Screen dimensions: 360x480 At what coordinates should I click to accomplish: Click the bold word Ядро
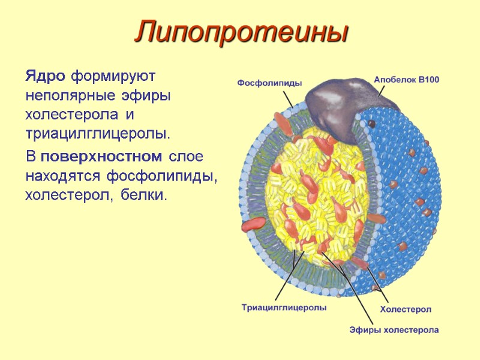pos(46,77)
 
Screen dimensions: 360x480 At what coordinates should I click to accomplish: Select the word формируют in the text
pos(113,77)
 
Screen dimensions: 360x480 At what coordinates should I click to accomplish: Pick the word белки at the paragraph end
pos(144,195)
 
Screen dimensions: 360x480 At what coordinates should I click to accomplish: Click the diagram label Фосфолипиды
pos(269,83)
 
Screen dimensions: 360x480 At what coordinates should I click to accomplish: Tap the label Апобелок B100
pos(407,79)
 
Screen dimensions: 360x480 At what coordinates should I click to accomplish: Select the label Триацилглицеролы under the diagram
pos(284,308)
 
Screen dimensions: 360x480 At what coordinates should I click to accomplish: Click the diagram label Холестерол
pos(406,308)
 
